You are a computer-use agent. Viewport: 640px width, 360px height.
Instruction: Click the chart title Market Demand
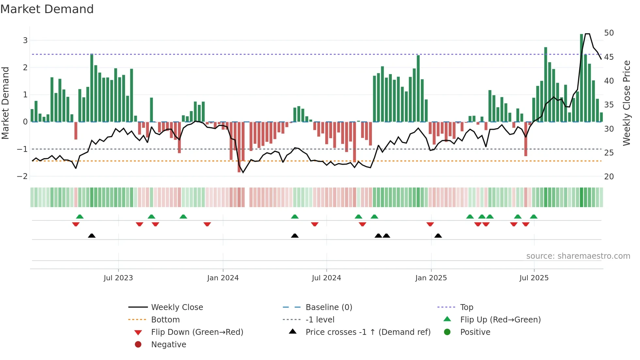tap(47, 9)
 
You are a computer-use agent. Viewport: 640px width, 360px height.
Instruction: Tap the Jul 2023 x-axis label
tap(118, 278)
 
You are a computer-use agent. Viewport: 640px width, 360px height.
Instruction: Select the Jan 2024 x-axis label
tap(223, 278)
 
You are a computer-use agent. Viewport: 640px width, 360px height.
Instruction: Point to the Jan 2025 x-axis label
tap(431, 278)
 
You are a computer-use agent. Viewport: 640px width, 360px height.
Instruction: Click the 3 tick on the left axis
tap(25, 41)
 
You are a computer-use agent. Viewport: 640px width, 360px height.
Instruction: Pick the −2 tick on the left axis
tap(23, 176)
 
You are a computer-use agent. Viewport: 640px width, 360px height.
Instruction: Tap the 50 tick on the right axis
tap(609, 33)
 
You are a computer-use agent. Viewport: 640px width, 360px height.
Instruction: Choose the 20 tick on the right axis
tap(609, 177)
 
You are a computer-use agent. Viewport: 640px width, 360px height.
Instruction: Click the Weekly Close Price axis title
tap(626, 103)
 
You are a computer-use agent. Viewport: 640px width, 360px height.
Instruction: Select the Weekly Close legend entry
tap(177, 307)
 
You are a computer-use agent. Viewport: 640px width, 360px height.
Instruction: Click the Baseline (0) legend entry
tap(328, 307)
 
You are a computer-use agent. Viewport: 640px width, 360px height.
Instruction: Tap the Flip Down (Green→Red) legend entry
tap(197, 332)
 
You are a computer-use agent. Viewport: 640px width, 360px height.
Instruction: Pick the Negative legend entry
tap(168, 345)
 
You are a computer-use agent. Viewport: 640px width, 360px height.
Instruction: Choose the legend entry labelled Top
tap(466, 307)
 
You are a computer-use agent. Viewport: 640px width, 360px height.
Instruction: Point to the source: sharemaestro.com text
tap(578, 256)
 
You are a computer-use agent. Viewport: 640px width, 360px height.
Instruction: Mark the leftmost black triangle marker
tap(92, 236)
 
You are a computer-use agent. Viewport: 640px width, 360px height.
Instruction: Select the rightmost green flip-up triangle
tap(534, 217)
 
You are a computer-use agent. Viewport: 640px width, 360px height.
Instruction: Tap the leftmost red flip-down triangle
tap(76, 224)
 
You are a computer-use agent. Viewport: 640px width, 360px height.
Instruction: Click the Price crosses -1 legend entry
tap(368, 332)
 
